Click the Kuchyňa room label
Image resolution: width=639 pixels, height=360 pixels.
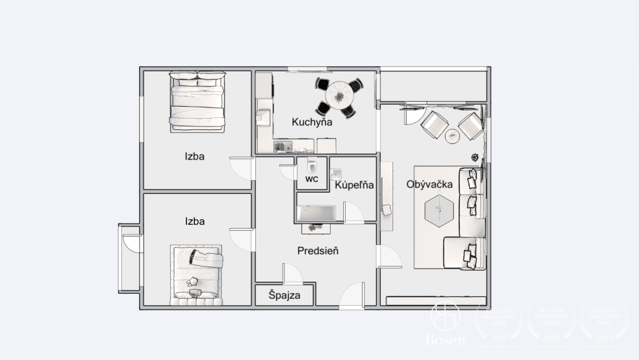[x=312, y=122]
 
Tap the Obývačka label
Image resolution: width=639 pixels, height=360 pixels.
[x=430, y=184]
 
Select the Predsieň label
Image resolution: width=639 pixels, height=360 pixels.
[x=318, y=251]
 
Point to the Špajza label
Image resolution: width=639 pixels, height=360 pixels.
[x=284, y=295]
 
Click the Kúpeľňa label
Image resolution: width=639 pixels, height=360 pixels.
[x=354, y=185]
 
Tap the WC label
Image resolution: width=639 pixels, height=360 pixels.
[x=312, y=179]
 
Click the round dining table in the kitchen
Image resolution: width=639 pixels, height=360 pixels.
[x=340, y=95]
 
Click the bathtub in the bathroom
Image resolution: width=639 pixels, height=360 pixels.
[x=319, y=213]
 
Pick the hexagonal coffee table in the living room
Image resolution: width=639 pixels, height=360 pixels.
[x=439, y=210]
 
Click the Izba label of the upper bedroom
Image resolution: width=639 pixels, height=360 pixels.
[x=195, y=157]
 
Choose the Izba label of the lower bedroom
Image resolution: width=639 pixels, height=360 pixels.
[x=195, y=222]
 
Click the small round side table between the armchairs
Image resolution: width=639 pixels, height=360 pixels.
[x=452, y=135]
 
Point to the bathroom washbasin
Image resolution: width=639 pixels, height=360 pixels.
[x=336, y=174]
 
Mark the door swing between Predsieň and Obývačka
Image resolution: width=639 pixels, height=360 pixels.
[x=389, y=256]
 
